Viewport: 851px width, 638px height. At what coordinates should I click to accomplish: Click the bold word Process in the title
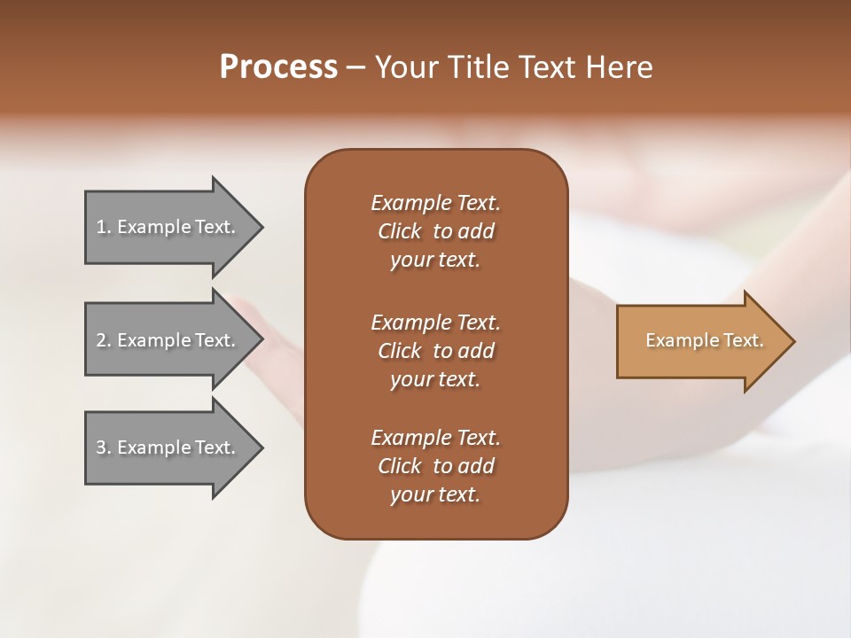tap(278, 67)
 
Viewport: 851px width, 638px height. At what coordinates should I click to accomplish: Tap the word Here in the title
tap(620, 67)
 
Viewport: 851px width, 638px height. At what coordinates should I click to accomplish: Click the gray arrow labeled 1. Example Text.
tap(168, 227)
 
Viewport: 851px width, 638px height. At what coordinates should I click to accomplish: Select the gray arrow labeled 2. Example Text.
tap(168, 340)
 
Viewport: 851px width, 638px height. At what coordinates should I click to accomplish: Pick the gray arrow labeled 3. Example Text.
tap(168, 447)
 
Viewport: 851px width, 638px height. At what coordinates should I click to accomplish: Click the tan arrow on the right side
tap(700, 341)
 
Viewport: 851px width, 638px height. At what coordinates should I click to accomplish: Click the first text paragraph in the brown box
tap(435, 231)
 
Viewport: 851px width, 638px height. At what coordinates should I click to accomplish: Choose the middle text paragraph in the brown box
tap(435, 350)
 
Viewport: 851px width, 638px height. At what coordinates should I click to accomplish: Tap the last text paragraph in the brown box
tap(435, 466)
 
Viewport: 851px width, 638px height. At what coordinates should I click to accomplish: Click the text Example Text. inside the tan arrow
tap(704, 340)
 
